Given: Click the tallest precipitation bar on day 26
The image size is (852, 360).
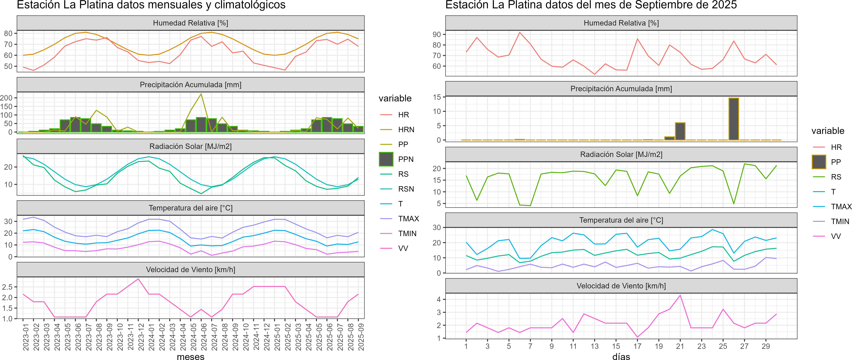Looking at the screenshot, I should [734, 119].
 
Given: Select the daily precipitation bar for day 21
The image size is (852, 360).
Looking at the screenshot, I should [680, 131].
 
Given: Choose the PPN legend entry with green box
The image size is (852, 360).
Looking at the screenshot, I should [405, 159].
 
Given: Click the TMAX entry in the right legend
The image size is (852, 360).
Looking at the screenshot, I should [841, 207].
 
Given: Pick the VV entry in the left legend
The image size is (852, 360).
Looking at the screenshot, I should [403, 249].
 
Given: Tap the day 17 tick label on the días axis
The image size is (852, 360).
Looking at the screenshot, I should [637, 346].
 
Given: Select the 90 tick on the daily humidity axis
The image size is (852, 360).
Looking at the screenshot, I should [437, 34].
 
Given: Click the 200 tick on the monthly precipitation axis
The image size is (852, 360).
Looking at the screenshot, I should [6, 98].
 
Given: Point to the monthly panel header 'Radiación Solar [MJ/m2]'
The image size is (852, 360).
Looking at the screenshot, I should [190, 146].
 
